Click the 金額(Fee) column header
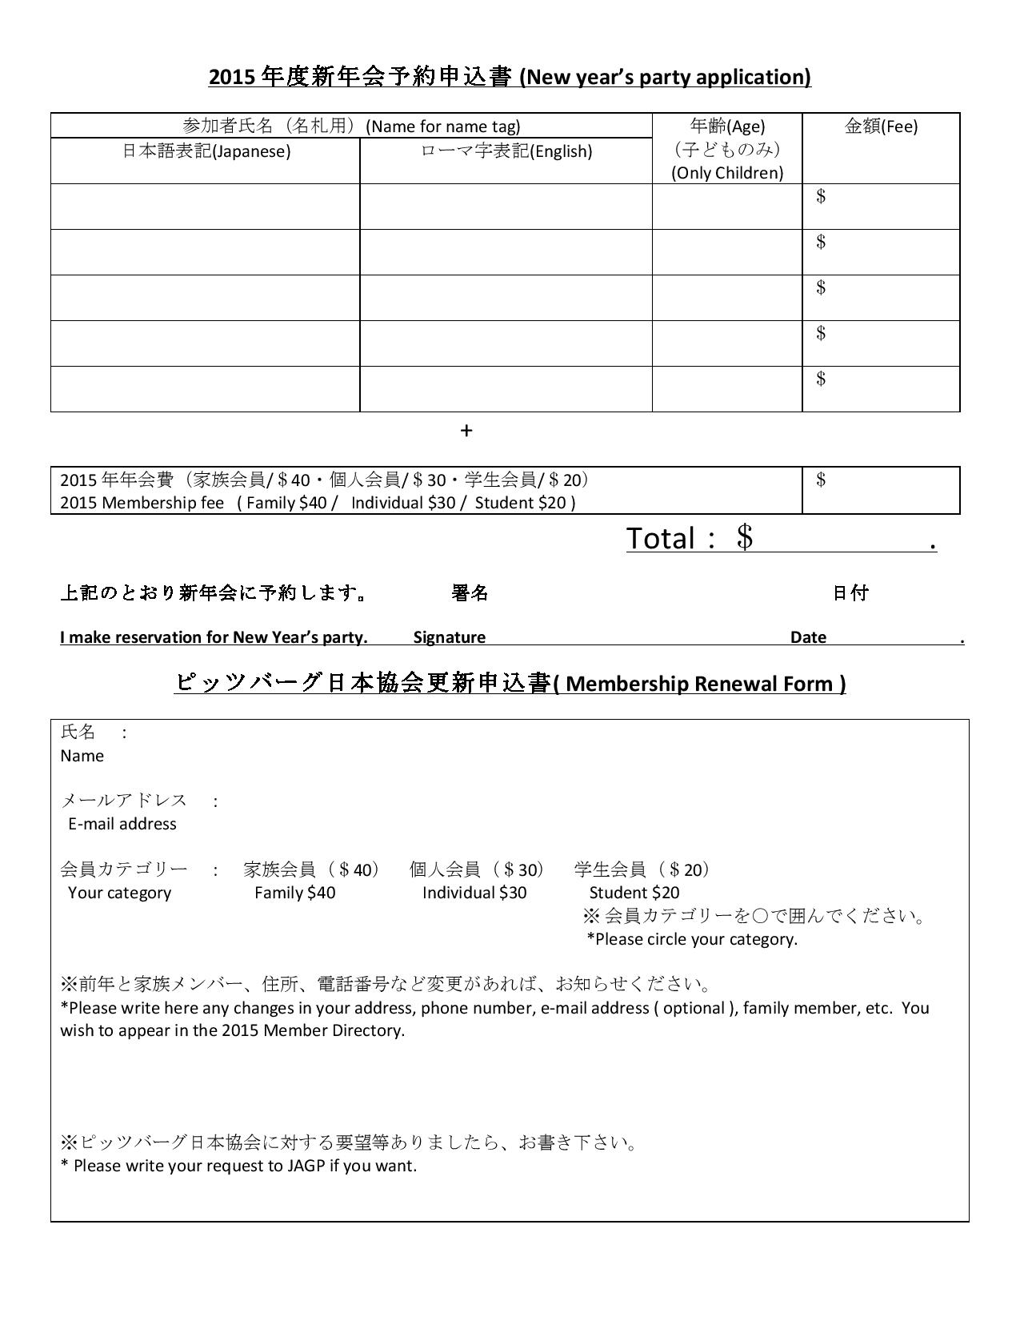881,126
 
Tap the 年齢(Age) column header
727,126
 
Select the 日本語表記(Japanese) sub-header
206,151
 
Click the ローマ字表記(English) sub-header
506,151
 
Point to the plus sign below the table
466,432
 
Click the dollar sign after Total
745,537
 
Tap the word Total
660,538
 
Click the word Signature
449,637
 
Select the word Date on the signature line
808,637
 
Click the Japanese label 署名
470,593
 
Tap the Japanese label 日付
850,593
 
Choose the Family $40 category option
294,893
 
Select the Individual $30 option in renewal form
474,893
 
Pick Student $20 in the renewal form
634,893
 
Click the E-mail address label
122,824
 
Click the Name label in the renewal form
82,756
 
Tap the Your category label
119,893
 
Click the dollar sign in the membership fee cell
821,480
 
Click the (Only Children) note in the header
727,173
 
